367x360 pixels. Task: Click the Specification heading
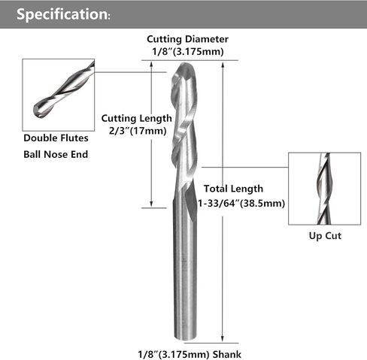63,14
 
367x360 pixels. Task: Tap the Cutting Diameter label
187,39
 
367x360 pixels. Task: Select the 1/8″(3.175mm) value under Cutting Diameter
188,52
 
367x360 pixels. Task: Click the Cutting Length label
137,118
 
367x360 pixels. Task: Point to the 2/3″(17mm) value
138,131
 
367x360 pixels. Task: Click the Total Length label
233,189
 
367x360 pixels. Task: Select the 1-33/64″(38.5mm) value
241,203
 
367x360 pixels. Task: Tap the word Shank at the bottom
227,354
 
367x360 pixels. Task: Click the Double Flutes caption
56,138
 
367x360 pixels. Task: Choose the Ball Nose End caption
56,154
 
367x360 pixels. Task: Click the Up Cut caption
325,236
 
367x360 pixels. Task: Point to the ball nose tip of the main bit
184,63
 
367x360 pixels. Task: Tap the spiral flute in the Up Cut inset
324,189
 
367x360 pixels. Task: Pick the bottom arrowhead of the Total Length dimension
223,340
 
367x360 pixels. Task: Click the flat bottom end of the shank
185,339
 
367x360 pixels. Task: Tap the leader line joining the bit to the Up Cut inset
245,167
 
